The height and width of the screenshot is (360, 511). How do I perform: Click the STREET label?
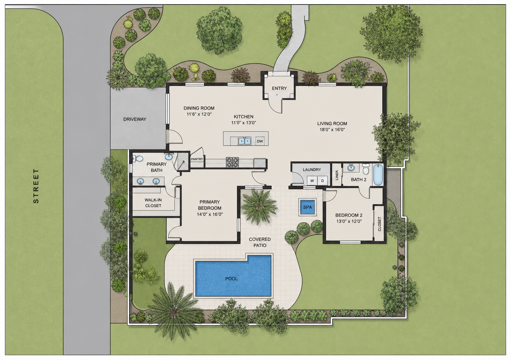(36, 186)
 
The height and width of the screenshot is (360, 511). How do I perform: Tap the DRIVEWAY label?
(135, 119)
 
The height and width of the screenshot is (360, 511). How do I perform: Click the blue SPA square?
(307, 207)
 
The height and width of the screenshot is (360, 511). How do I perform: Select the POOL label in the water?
(231, 278)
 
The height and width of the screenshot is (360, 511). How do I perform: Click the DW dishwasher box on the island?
(260, 141)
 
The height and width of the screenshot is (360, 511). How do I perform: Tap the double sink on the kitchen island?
(244, 141)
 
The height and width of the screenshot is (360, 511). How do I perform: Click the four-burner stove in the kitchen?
(232, 162)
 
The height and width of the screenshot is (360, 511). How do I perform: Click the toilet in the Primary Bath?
(138, 158)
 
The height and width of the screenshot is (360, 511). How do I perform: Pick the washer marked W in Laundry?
(312, 181)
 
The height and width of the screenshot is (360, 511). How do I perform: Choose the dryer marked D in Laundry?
(323, 181)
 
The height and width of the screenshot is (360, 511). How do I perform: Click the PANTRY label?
(197, 159)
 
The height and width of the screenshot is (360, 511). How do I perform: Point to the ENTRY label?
(279, 88)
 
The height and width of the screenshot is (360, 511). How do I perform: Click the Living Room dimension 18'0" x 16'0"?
(332, 130)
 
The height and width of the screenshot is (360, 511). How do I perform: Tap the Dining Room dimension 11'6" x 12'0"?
(199, 114)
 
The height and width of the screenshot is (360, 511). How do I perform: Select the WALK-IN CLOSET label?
(153, 203)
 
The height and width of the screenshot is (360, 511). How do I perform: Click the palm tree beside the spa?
(259, 207)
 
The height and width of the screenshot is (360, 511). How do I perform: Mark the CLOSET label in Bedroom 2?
(379, 224)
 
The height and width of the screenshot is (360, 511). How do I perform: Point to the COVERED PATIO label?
(260, 242)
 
